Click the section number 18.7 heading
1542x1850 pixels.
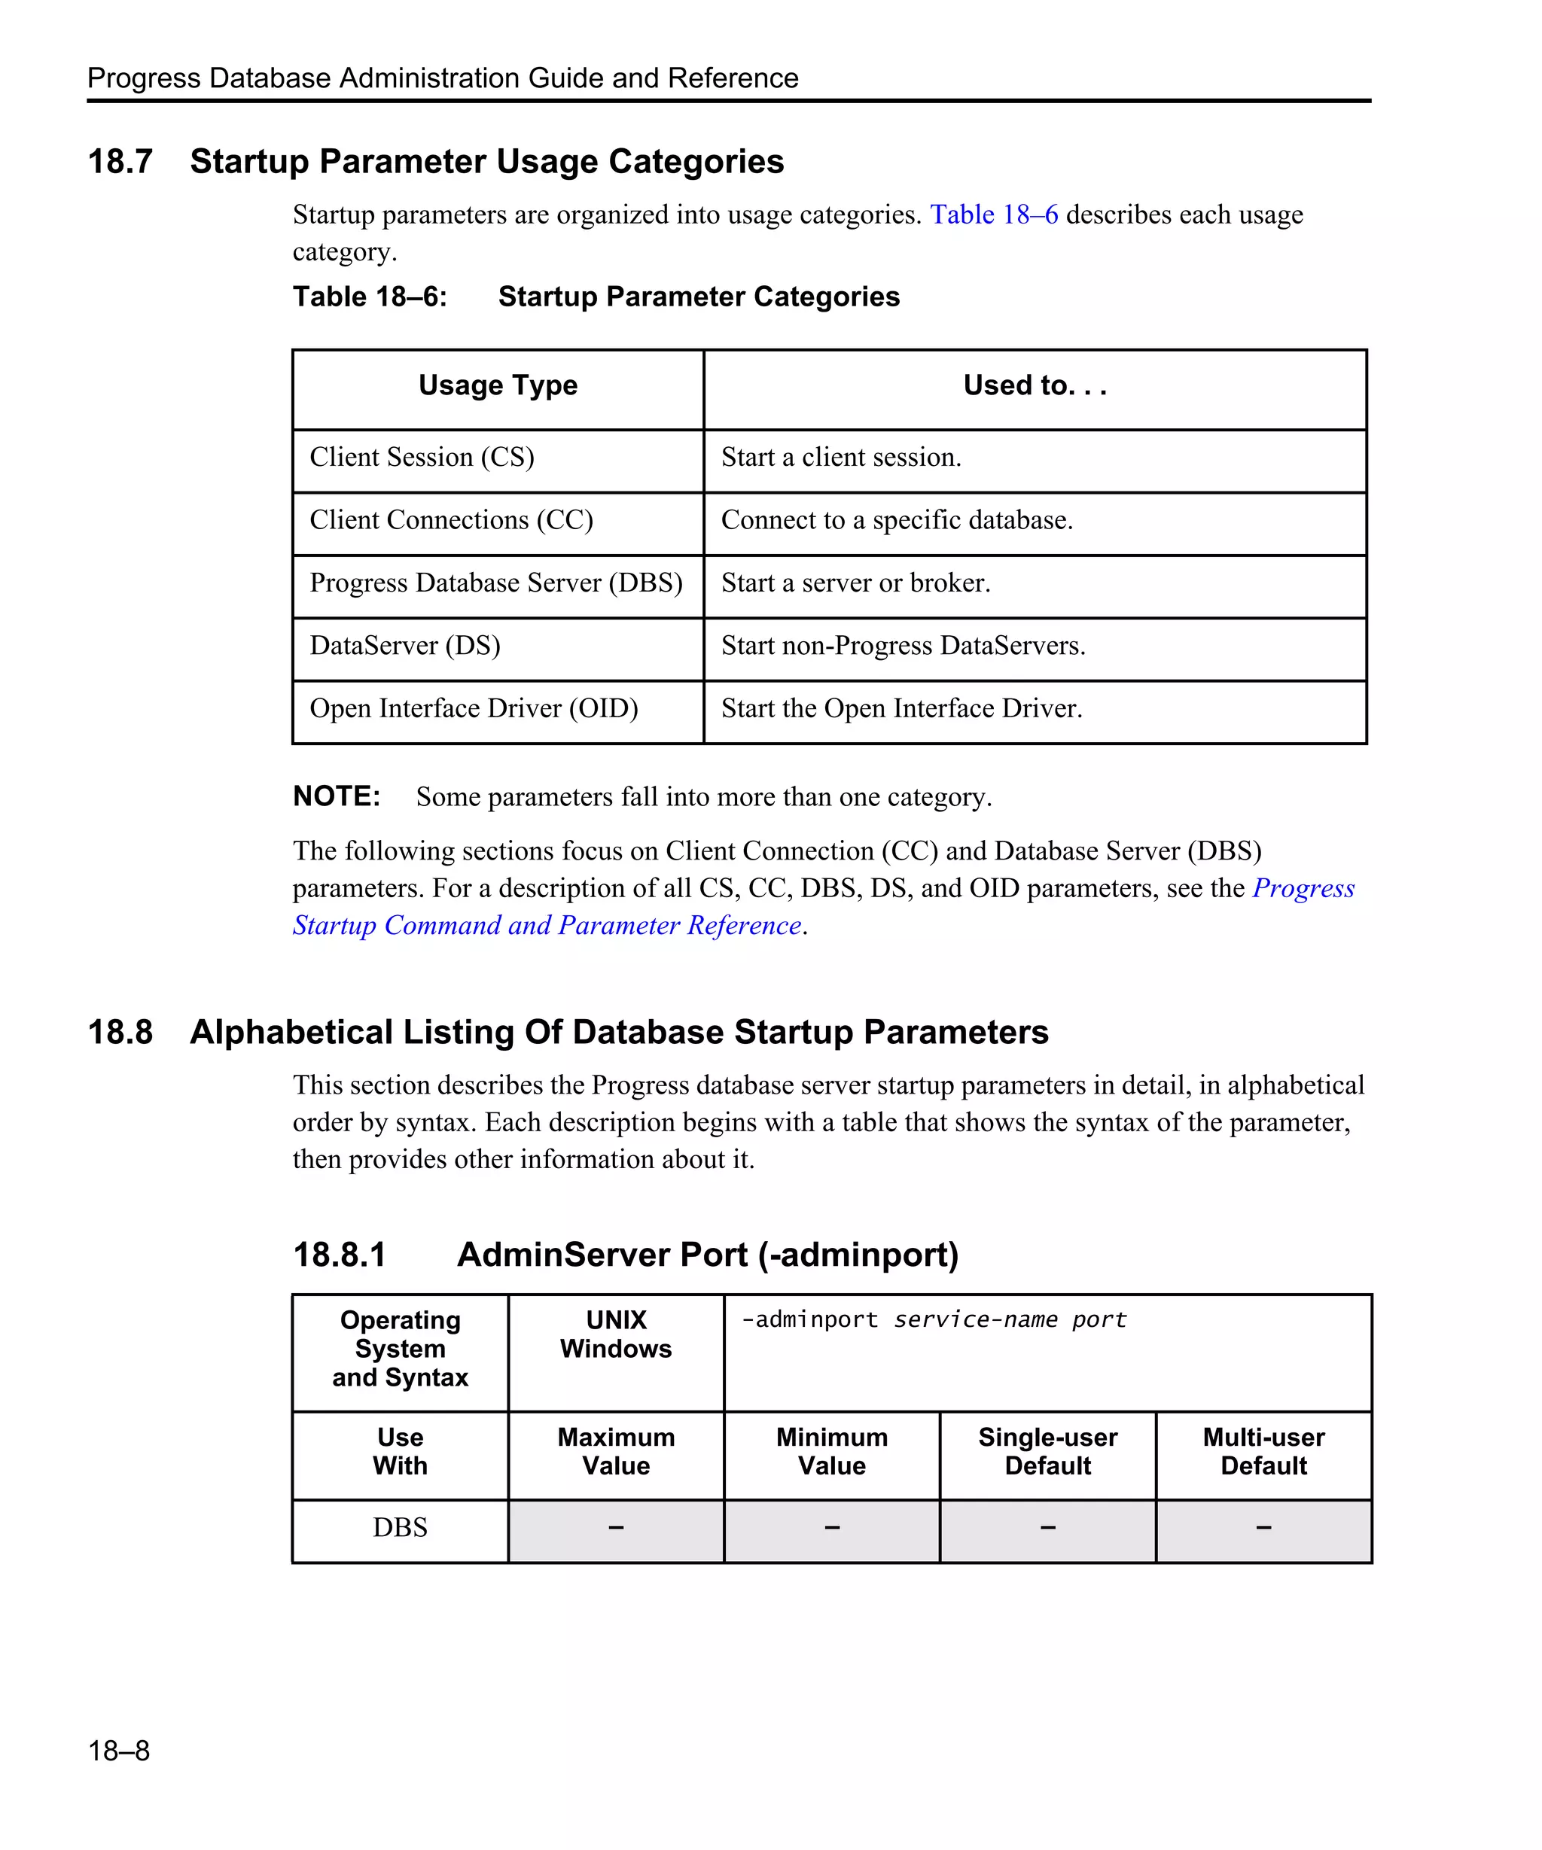pos(120,162)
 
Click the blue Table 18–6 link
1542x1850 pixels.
pos(993,215)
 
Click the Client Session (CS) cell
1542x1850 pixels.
pos(422,457)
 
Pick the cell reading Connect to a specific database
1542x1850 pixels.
pos(896,521)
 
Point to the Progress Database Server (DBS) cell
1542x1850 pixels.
pos(496,583)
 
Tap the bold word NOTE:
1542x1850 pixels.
pos(337,796)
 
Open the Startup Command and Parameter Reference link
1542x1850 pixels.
pos(547,926)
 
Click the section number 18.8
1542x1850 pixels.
pos(120,1033)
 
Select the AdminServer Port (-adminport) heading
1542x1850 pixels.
pos(707,1255)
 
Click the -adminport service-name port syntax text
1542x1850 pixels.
pos(933,1319)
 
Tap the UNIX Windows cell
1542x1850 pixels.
pos(616,1334)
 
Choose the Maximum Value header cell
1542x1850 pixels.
pos(616,1452)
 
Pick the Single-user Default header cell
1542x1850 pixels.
pos(1047,1452)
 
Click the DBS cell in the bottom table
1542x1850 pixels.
pos(400,1528)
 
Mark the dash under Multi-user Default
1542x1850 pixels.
pos(1263,1528)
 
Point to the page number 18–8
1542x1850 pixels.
pos(119,1751)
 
